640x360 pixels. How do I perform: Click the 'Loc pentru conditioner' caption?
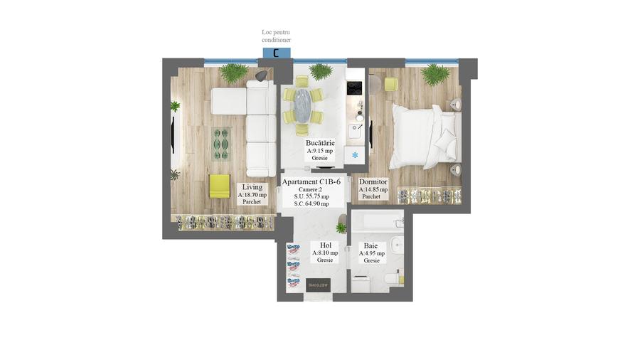(276, 36)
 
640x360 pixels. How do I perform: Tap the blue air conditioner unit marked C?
(276, 52)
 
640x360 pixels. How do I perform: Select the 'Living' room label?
(251, 187)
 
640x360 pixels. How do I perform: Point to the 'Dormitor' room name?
(373, 182)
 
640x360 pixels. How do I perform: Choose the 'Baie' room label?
(371, 245)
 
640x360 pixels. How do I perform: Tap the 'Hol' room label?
(325, 245)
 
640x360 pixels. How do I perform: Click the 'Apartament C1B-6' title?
(311, 182)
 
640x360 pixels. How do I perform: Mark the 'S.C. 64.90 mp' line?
(311, 203)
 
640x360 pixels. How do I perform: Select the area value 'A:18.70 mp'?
(252, 194)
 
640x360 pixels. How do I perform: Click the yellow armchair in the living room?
(220, 186)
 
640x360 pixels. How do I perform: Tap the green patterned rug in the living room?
(221, 144)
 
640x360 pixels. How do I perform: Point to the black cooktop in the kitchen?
(354, 88)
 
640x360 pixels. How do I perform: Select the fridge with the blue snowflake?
(355, 155)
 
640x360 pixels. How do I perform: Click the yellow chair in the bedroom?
(390, 84)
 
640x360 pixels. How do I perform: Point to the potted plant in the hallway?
(341, 228)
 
